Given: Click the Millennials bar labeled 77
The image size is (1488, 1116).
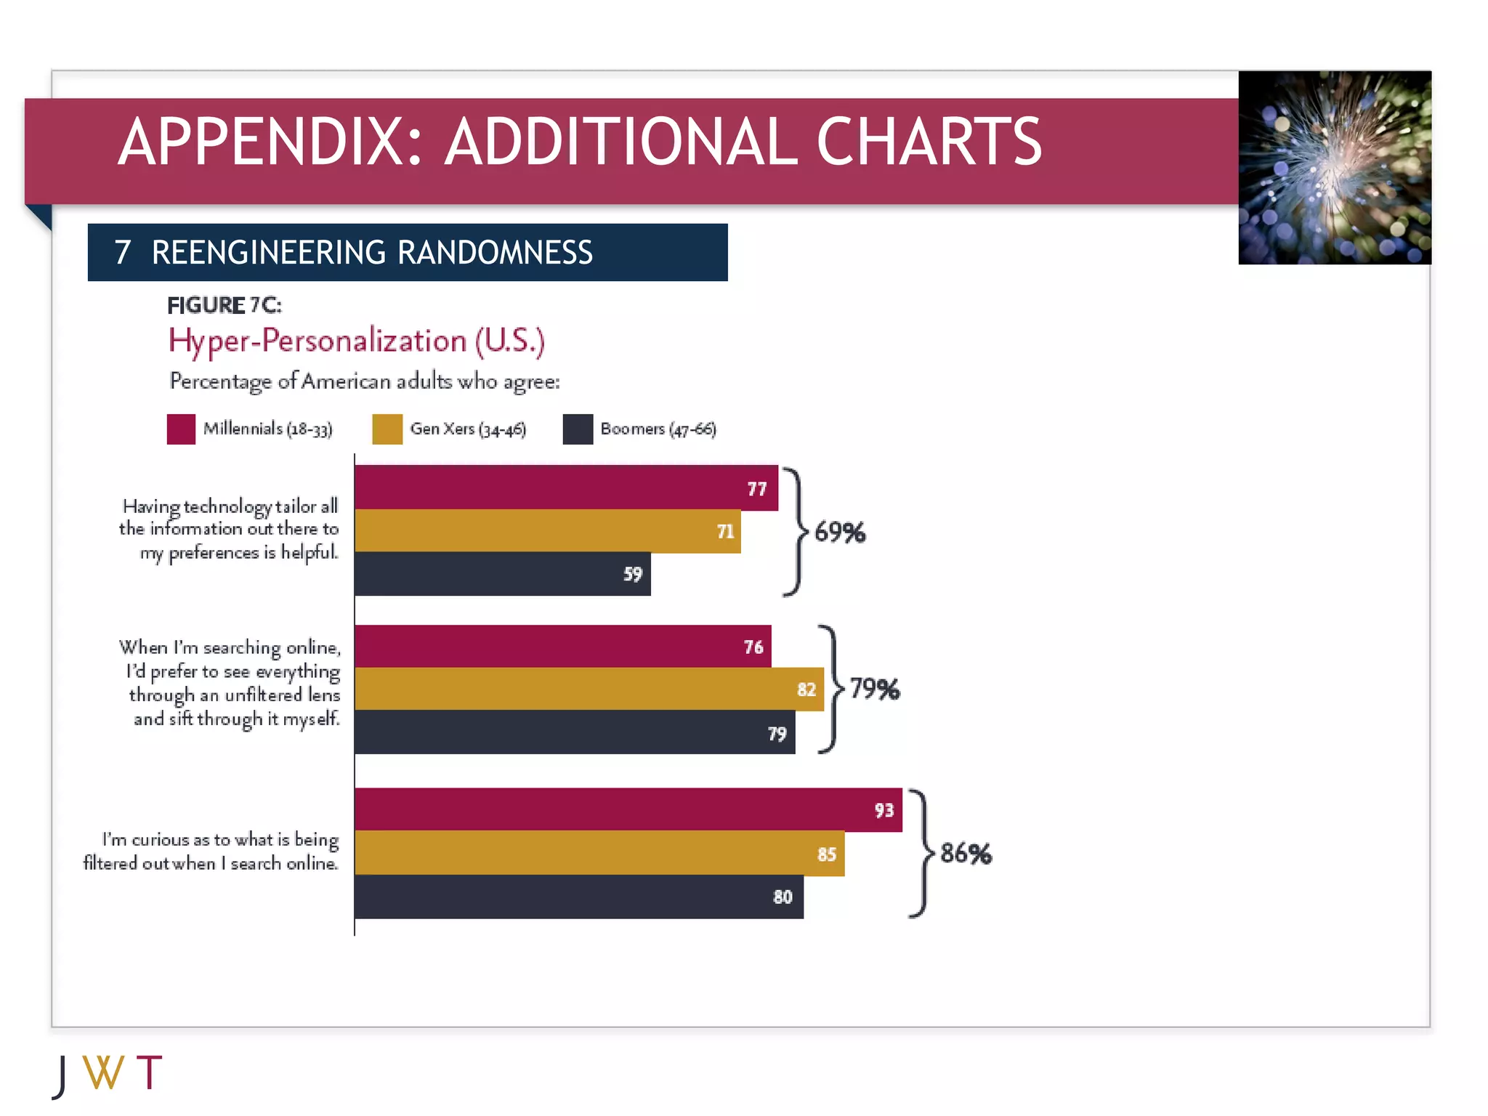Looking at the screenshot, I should click(x=566, y=488).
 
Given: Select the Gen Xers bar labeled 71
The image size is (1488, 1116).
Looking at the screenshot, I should click(x=548, y=531).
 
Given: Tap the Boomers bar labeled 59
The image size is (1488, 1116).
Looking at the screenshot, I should click(x=503, y=574).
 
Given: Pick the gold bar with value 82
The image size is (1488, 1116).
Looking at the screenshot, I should click(x=589, y=689).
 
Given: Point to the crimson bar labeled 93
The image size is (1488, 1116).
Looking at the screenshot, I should click(x=628, y=809).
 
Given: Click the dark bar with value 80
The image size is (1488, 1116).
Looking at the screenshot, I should click(x=579, y=897).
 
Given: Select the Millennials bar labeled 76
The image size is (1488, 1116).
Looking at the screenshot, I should click(x=563, y=647).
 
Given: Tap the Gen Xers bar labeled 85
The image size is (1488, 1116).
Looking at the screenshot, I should click(x=599, y=854).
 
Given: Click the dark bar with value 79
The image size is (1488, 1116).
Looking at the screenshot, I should click(x=575, y=732).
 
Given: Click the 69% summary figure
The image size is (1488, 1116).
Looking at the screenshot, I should click(x=840, y=533).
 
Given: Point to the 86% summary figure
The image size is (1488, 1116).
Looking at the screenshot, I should click(x=966, y=854).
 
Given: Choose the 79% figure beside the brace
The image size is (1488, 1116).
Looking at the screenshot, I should click(x=875, y=689).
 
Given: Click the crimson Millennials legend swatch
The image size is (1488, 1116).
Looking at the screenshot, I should click(x=181, y=429).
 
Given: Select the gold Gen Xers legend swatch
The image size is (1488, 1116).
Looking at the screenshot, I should click(x=387, y=429).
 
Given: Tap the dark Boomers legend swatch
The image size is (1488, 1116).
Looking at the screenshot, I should click(x=578, y=429).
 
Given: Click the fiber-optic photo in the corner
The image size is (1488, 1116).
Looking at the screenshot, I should click(x=1335, y=168).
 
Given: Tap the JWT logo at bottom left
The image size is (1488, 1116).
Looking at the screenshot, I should click(x=108, y=1074).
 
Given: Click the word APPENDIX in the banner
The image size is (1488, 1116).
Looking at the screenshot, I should click(x=270, y=142).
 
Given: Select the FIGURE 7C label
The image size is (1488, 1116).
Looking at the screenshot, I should click(x=224, y=305).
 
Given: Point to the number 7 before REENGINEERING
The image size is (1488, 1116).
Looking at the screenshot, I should click(x=123, y=253).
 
